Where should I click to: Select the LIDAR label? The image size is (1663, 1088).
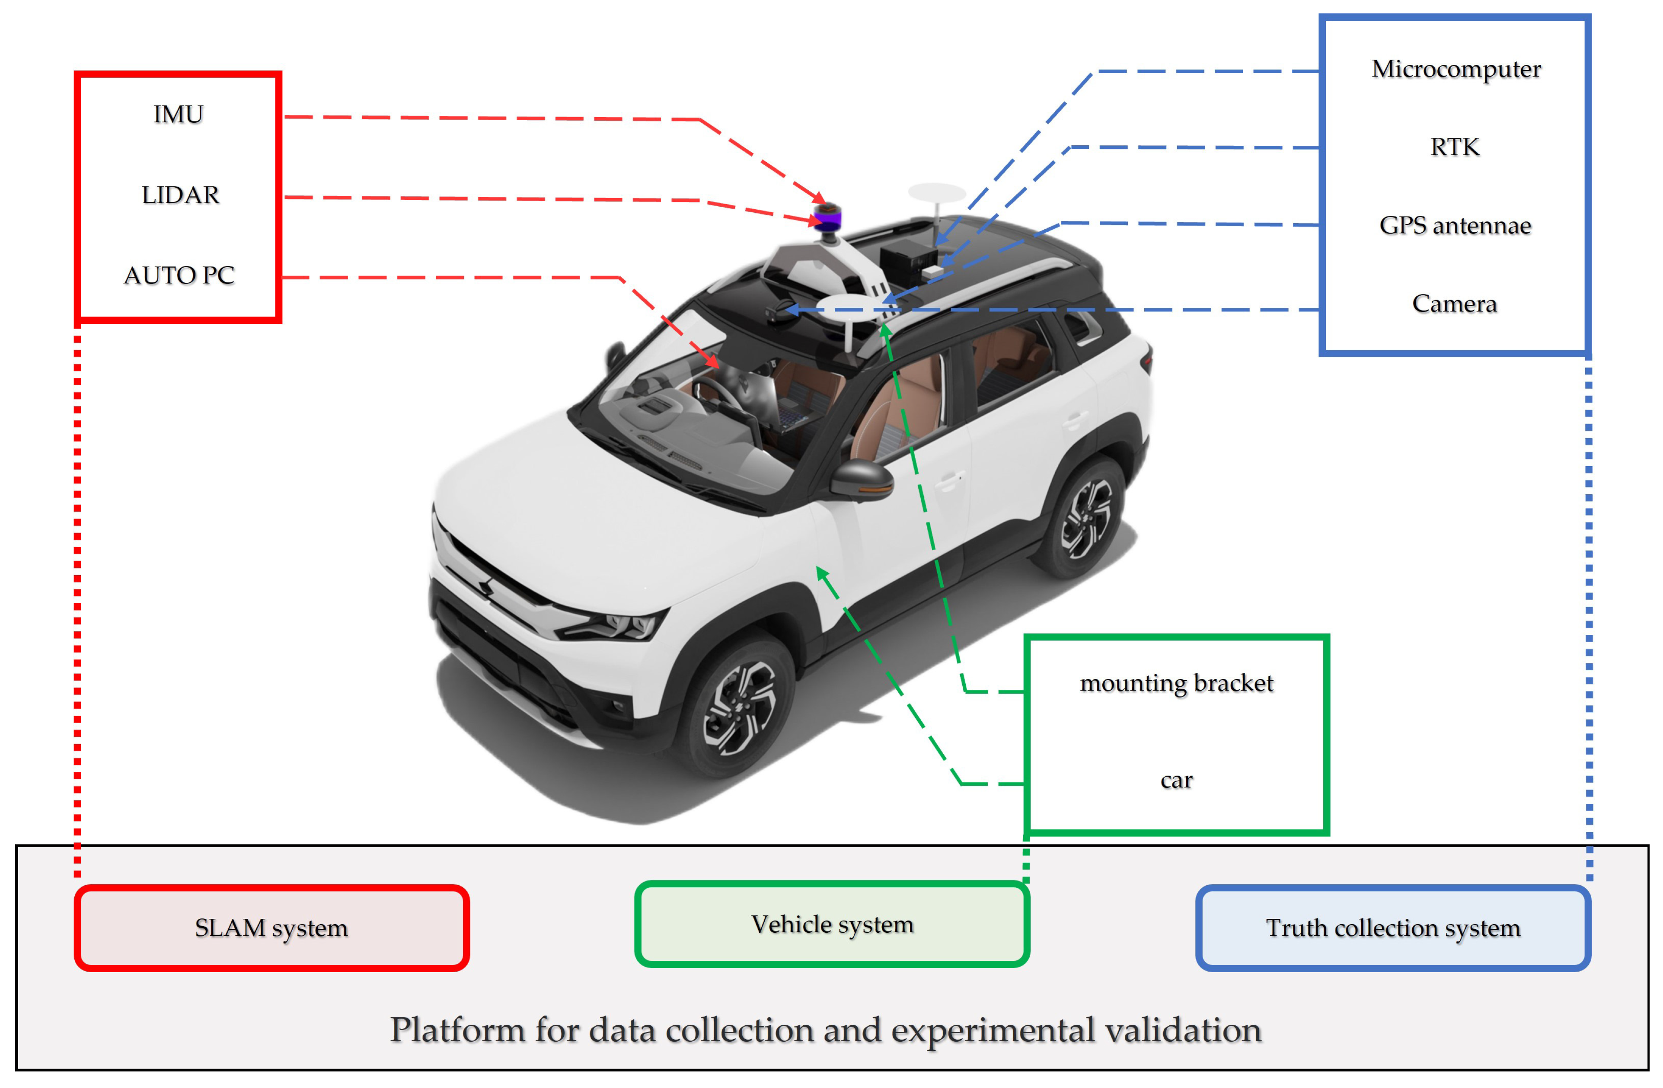[x=180, y=195]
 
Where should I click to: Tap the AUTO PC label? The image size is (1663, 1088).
[x=179, y=275]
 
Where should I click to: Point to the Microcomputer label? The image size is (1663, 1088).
[x=1456, y=69]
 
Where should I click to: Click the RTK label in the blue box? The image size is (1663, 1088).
[x=1455, y=147]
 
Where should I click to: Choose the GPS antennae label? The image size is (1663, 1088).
[x=1455, y=226]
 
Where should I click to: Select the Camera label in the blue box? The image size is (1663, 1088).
[x=1454, y=304]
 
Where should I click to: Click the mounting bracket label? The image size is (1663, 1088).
[x=1177, y=683]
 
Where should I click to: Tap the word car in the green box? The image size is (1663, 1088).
[x=1177, y=780]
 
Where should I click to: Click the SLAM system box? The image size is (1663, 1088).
[x=271, y=928]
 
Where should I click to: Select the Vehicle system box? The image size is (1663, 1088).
[x=832, y=925]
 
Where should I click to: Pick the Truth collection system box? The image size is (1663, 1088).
[x=1392, y=928]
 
